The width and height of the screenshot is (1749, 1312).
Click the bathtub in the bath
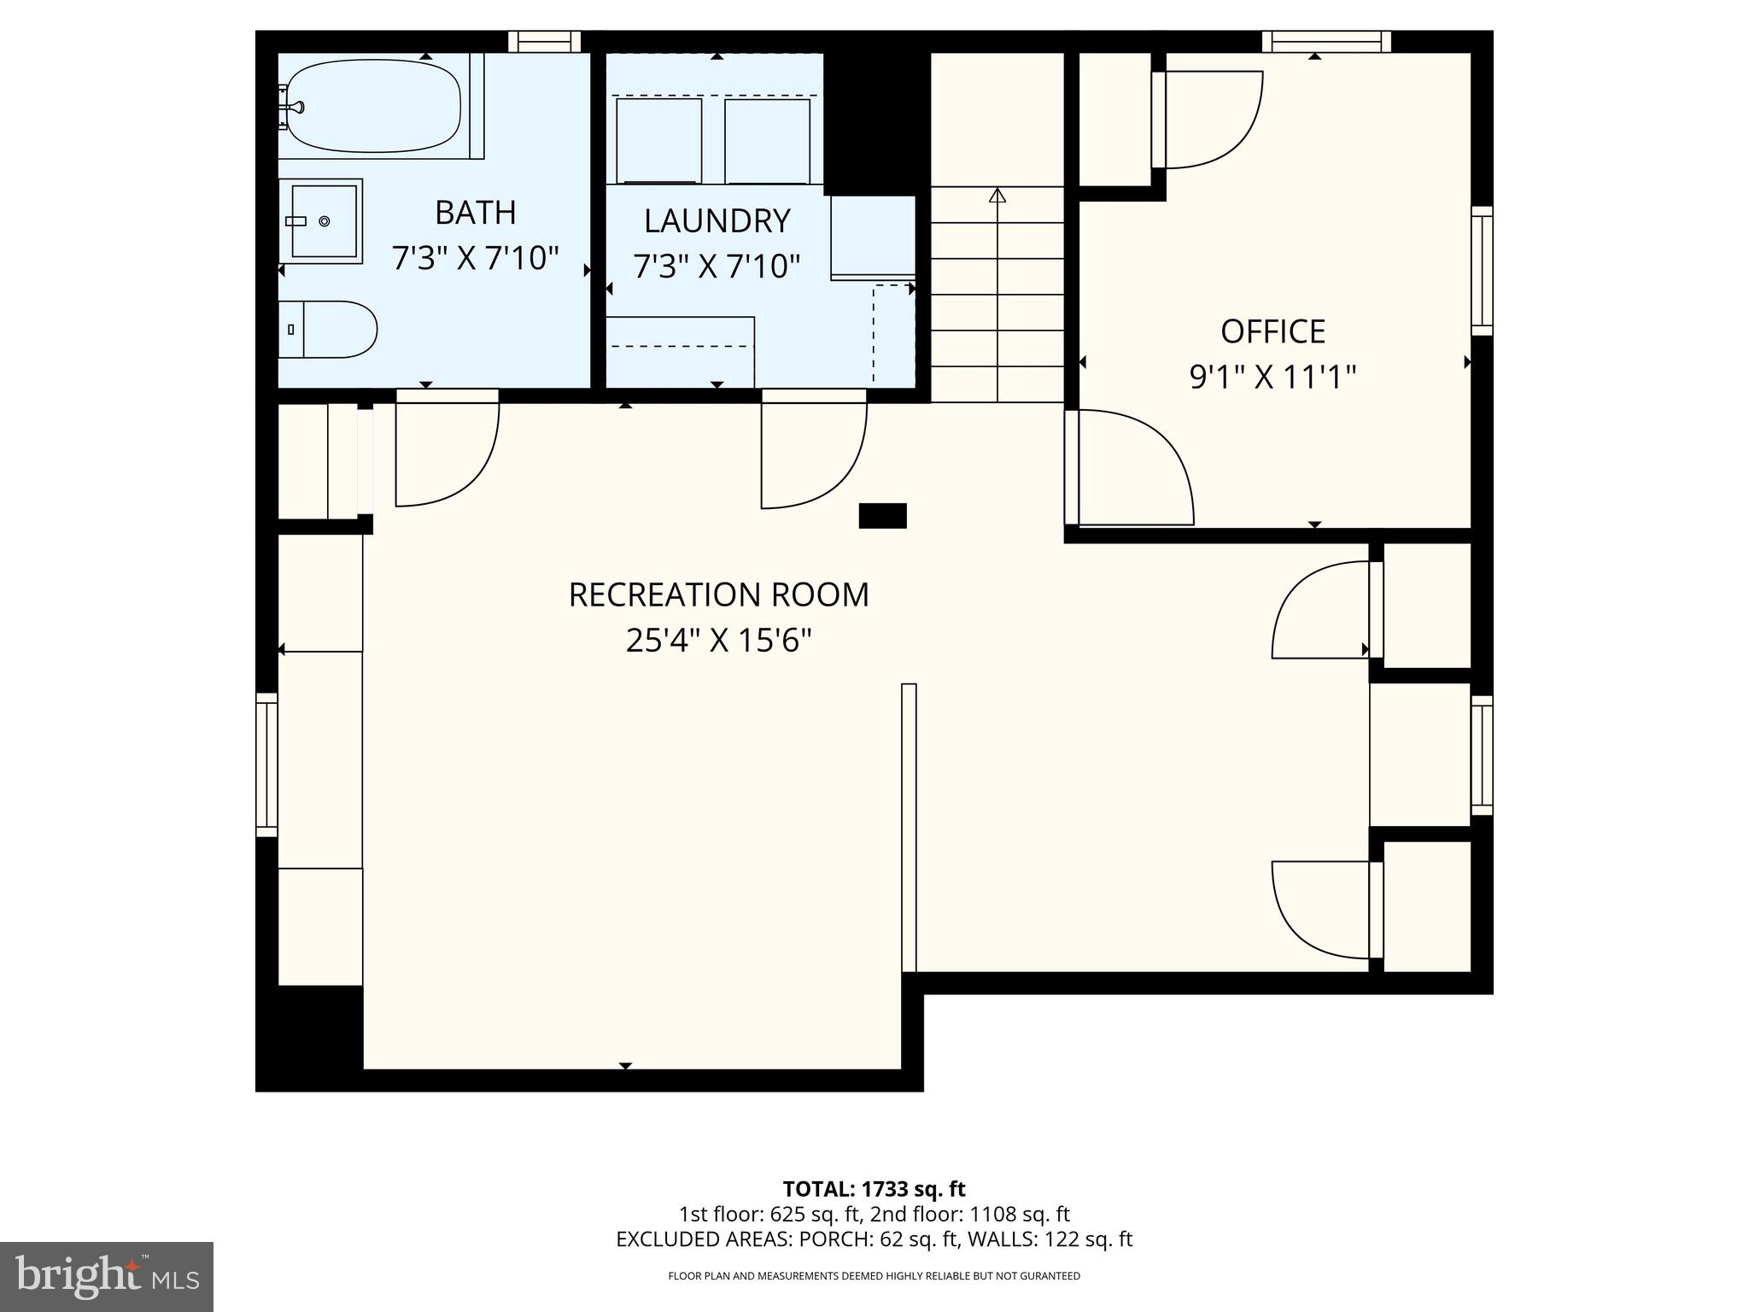coord(374,106)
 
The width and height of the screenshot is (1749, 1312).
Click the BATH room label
coord(475,213)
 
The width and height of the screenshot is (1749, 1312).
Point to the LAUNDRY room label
coord(717,221)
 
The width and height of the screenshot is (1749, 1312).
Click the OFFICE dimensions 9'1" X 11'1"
coord(1272,376)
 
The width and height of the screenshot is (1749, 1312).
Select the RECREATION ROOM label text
coord(718,594)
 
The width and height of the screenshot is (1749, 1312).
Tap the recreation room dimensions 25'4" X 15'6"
coord(718,640)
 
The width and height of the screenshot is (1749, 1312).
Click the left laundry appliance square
coord(658,140)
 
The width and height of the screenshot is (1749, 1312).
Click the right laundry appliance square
coord(767,141)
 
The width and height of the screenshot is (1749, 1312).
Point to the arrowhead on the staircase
coord(997,196)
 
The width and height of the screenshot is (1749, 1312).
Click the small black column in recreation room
coord(882,516)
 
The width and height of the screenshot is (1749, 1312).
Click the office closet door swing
coord(1208,120)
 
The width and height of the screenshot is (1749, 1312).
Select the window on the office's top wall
coord(1325,41)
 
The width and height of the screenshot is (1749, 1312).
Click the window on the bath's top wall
coord(544,41)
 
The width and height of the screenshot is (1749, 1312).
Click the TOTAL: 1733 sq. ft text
coord(874,1189)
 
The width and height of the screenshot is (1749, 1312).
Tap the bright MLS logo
coord(107,1277)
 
